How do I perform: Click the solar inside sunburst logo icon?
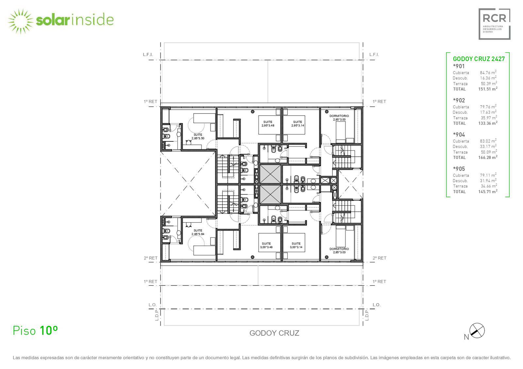pos(21,22)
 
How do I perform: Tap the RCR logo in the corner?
pos(494,24)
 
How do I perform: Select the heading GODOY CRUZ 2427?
pos(479,59)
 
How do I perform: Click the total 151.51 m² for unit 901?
pos(488,89)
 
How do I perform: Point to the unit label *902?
pos(459,100)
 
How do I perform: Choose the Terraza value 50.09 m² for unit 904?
pos(489,152)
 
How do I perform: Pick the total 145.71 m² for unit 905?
pos(488,191)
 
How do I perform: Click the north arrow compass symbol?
pos(477,330)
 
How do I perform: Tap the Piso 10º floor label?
pos(35,330)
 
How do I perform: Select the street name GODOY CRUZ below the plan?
pos(274,333)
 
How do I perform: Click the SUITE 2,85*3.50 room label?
pos(198,136)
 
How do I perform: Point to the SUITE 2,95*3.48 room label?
pos(268,124)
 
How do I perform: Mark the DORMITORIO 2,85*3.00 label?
pos(339,118)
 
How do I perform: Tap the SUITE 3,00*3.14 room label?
pos(296,245)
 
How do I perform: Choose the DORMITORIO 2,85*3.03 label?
pos(339,250)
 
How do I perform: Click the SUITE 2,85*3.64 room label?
pos(198,232)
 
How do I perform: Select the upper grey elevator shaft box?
pos(270,174)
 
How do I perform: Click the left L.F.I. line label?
pos(148,55)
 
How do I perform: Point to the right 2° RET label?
pos(380,258)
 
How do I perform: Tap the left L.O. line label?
pos(152,305)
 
